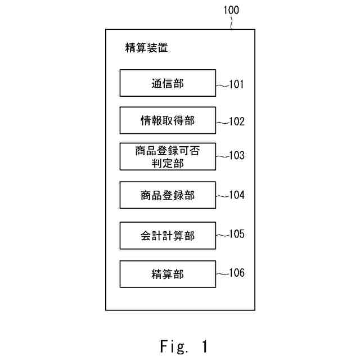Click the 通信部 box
(168, 83)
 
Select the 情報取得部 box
(168, 120)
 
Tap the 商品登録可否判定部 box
(168, 156)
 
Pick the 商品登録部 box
(168, 195)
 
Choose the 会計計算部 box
(168, 236)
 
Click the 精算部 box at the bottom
(168, 274)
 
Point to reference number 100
(231, 10)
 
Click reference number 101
(237, 85)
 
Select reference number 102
(237, 121)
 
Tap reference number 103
(237, 155)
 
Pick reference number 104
(237, 195)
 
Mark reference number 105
(237, 234)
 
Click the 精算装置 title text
(146, 48)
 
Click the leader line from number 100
(231, 22)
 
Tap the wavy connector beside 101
(222, 85)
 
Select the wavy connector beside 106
(222, 273)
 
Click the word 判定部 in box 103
(168, 163)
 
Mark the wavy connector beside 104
(222, 195)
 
